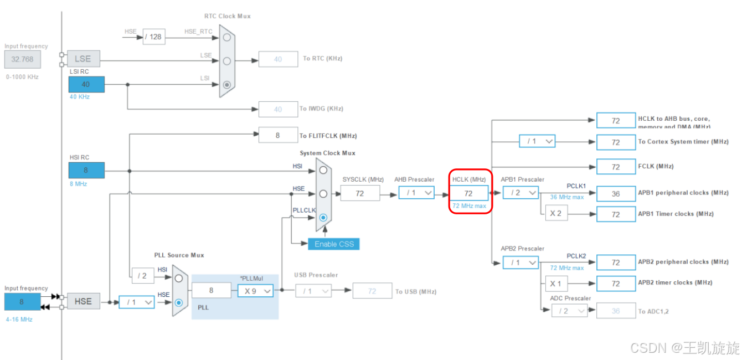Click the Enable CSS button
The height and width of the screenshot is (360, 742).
coord(333,244)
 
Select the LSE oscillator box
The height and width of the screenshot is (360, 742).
coord(83,59)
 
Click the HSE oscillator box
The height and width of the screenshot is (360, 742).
coord(83,301)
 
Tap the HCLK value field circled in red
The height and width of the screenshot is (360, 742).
coord(468,193)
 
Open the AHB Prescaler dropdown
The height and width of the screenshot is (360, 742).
coord(416,193)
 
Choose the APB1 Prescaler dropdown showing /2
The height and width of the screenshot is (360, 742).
coord(521,193)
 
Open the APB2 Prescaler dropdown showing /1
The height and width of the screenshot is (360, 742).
coord(521,263)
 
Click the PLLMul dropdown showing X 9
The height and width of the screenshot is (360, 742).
coord(255,290)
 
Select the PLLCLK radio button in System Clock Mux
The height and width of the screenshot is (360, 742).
coord(323,218)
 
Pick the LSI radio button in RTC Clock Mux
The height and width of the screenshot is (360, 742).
coord(226,85)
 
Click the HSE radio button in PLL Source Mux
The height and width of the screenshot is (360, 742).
coord(179,302)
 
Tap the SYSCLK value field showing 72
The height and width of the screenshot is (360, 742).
coord(360,193)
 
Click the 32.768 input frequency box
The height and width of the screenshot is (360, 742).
coord(22,59)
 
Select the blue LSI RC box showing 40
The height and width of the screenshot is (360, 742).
coord(86,84)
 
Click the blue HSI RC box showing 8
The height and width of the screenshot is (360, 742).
coord(86,171)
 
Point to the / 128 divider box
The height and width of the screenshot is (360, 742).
coord(154,37)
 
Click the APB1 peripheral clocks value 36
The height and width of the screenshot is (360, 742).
coord(616,194)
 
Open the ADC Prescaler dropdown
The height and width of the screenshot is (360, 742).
coord(569,311)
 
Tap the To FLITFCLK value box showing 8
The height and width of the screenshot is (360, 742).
coord(278,135)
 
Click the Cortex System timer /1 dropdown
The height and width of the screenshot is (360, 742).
coord(537,141)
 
